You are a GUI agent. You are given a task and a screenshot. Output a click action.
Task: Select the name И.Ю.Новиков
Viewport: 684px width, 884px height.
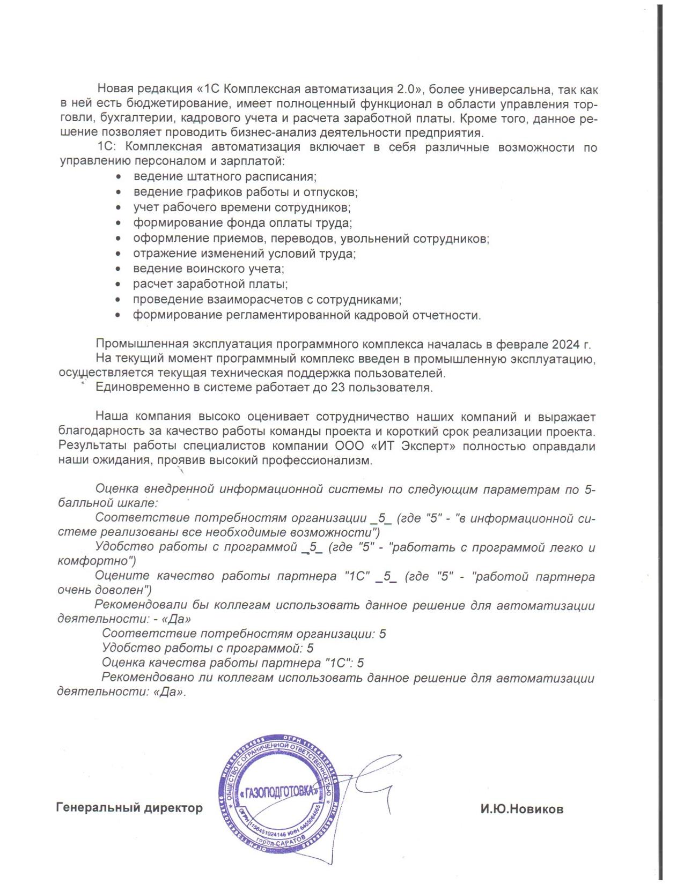tap(521, 809)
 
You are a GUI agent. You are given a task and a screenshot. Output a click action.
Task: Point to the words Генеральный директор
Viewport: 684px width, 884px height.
tap(129, 808)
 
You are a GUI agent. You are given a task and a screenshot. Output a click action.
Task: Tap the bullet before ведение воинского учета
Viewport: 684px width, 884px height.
tap(120, 269)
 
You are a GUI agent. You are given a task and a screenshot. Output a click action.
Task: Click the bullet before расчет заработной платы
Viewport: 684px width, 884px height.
tap(120, 284)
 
